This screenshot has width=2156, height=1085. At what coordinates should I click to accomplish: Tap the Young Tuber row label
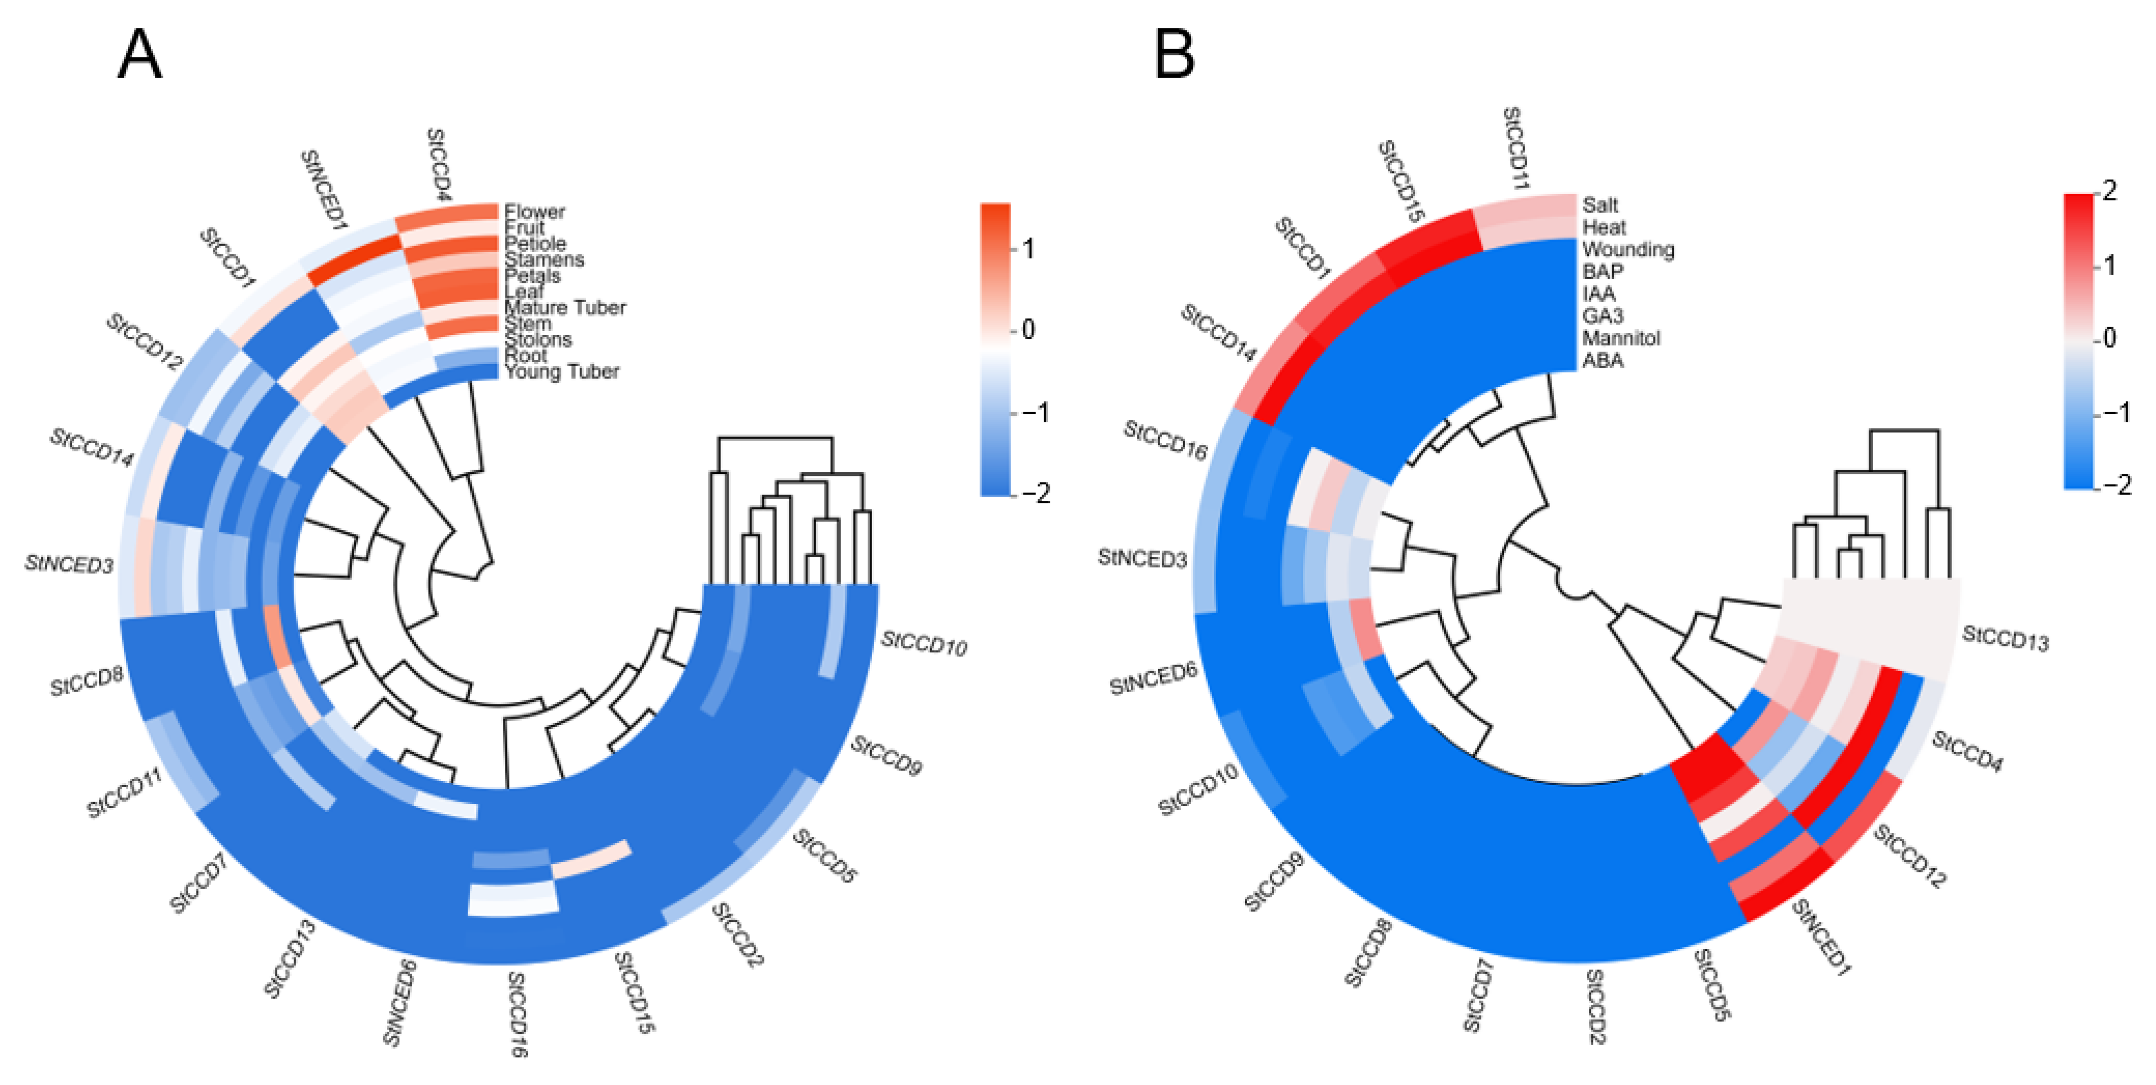coord(561,372)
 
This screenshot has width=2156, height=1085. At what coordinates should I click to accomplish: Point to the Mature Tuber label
coord(565,308)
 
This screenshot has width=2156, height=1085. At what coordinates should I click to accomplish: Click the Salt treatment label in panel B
coord(1599,205)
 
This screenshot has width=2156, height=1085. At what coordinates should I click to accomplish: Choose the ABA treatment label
coord(1602,361)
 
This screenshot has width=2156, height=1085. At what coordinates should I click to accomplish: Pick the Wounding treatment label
coord(1628,250)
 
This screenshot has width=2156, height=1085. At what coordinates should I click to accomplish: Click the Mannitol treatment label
coord(1620,338)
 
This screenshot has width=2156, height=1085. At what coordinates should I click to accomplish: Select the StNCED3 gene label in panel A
coord(69,565)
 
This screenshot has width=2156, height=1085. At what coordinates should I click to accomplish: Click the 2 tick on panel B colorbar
coord(2109,192)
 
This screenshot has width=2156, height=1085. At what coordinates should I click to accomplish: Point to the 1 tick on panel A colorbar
coord(1028,249)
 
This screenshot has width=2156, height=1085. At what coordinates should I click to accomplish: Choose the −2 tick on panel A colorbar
coord(1036,494)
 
